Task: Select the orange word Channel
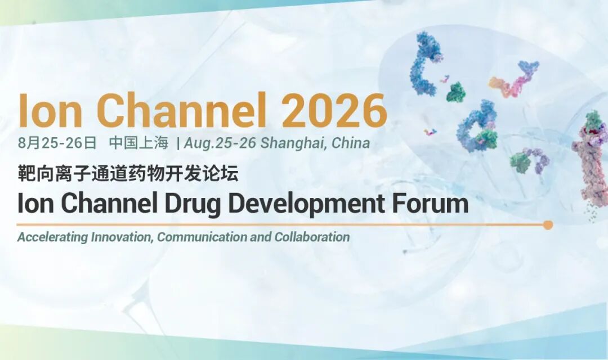(181, 110)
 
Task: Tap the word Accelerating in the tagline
(53, 237)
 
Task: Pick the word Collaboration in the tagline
(312, 237)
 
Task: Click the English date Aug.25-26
(220, 143)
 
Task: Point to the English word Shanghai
(293, 143)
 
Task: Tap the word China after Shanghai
(351, 143)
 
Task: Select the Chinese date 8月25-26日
(57, 143)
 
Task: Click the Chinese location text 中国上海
(138, 143)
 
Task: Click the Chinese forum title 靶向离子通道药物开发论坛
(128, 173)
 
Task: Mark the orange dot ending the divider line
(548, 225)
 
